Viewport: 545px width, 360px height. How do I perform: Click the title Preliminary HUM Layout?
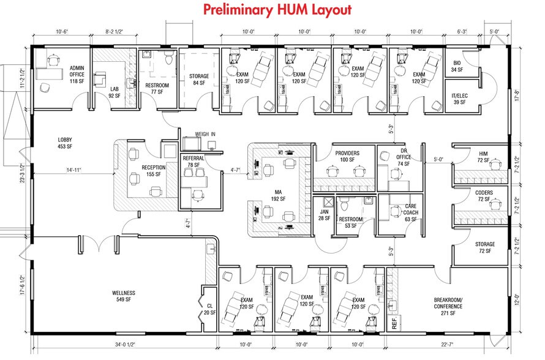277,10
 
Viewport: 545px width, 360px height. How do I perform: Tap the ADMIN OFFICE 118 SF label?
77,74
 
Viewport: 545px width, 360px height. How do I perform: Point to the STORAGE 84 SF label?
199,80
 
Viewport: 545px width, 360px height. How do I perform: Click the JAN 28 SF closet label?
324,215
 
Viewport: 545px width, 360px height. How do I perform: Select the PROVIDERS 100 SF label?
347,157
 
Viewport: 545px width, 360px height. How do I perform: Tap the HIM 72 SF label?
483,157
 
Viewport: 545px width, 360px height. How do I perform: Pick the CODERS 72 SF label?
484,197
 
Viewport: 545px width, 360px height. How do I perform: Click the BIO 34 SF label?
457,67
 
